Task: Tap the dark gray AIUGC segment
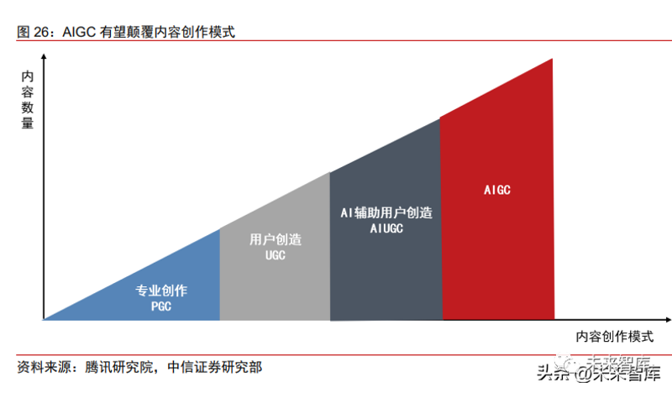386,240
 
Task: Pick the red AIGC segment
497,206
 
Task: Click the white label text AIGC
497,190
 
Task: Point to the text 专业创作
161,291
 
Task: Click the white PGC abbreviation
161,307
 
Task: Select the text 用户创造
276,239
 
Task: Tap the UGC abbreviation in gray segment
276,255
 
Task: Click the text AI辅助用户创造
386,212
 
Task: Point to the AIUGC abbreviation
386,228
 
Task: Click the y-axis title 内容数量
28,100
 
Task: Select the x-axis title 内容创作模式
614,337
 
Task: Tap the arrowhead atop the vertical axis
44,56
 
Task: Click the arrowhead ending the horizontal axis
668,320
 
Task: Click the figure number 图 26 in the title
33,32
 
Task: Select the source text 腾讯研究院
118,367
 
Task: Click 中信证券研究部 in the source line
215,367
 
